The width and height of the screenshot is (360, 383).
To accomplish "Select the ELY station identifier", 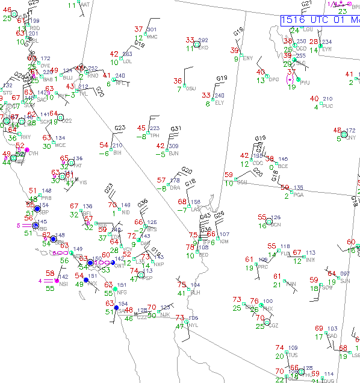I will click(219, 103).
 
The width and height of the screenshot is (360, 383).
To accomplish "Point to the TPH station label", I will click(155, 135).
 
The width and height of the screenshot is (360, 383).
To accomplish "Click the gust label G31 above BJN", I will click(176, 129).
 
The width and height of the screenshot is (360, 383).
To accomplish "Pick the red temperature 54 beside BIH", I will click(105, 145).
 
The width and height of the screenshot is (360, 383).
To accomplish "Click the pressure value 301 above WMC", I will click(151, 30).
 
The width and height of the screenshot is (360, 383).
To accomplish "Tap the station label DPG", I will click(274, 79).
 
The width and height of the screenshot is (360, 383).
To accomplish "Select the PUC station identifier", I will click(327, 106).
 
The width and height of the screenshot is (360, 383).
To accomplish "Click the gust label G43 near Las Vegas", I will click(205, 216).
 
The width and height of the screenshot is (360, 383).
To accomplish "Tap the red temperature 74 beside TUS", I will click(279, 347).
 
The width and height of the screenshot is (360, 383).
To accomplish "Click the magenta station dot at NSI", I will click(57, 281).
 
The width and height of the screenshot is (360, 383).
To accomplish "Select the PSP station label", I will click(149, 278).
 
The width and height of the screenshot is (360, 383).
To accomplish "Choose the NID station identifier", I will click(125, 213).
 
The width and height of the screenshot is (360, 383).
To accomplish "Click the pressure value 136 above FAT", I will click(78, 158).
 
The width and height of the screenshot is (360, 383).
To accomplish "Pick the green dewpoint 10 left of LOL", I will click(114, 62).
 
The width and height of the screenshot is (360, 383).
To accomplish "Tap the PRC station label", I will click(262, 267).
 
